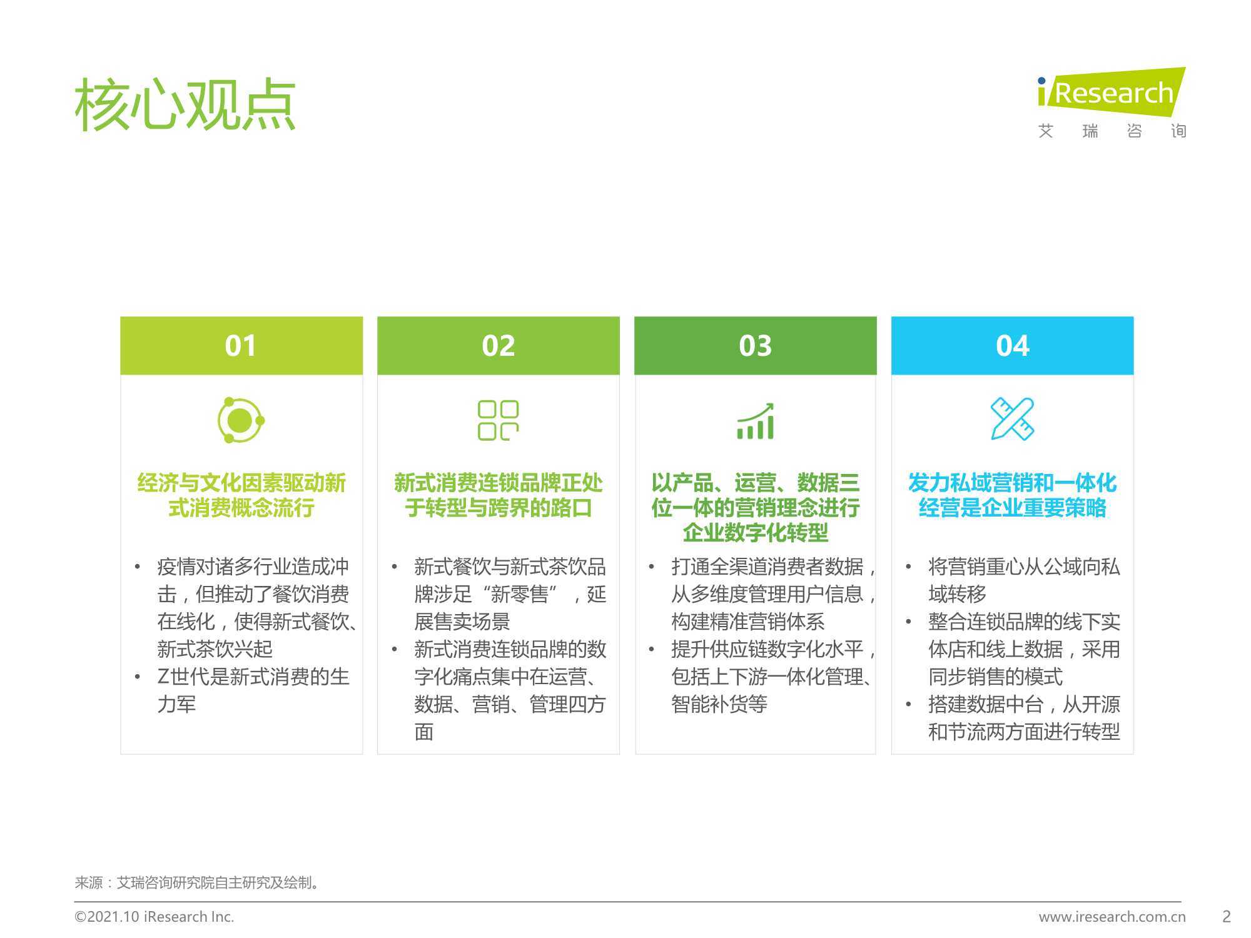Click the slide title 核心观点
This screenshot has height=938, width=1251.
coord(185,104)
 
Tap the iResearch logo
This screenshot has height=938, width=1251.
coord(1112,103)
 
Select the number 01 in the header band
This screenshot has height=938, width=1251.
coord(241,346)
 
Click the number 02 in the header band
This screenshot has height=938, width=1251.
coord(499,346)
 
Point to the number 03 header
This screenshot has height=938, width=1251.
coord(756,346)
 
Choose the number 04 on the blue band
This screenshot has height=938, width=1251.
coord(1013,346)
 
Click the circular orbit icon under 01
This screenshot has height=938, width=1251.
coord(241,420)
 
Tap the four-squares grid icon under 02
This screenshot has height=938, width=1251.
coord(499,420)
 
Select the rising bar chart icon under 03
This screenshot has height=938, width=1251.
coord(756,421)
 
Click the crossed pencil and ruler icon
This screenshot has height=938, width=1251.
coord(1013,419)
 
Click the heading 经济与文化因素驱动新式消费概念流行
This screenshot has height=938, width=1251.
coord(241,495)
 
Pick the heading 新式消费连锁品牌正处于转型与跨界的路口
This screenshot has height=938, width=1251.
coord(499,495)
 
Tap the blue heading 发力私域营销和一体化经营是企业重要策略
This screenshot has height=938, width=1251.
coord(1013,495)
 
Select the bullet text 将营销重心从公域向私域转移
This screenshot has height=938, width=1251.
coord(1024,580)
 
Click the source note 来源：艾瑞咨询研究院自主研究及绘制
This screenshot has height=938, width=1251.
coord(198,882)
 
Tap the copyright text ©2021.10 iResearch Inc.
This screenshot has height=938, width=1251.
coord(154,917)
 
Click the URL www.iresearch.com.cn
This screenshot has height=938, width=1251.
coord(1112,917)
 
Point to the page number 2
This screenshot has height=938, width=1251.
coord(1227,917)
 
